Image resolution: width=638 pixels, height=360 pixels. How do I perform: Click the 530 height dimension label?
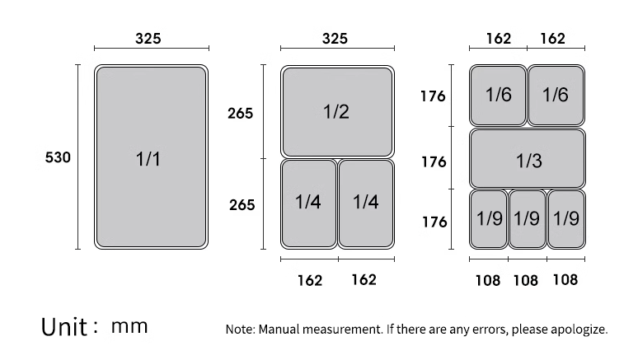(58, 157)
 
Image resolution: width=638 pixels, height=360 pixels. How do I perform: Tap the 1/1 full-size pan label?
(148, 159)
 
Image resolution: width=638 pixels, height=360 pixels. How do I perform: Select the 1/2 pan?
(337, 112)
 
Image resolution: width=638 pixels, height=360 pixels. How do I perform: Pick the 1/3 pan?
(528, 159)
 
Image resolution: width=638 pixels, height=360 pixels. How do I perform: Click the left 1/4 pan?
(309, 203)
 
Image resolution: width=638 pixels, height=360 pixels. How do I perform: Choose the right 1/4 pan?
(366, 203)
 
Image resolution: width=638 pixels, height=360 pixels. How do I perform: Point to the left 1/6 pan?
(498, 96)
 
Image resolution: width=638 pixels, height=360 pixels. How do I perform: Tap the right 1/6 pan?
(556, 96)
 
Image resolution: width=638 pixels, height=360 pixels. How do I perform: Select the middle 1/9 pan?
(528, 219)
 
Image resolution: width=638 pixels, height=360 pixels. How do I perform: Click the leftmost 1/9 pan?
(489, 219)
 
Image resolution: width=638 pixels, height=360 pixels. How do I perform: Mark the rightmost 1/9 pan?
(566, 219)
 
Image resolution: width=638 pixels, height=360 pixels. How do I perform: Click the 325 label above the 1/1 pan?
(148, 39)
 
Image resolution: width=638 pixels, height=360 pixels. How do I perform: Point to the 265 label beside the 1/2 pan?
(240, 113)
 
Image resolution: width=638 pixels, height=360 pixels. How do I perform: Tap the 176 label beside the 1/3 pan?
(434, 162)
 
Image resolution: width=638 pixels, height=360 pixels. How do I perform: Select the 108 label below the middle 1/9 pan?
(526, 280)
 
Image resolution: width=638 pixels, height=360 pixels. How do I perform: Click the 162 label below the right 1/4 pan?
(364, 280)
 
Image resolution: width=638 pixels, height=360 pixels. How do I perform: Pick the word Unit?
(64, 327)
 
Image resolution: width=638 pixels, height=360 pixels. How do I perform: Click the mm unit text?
(129, 326)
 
